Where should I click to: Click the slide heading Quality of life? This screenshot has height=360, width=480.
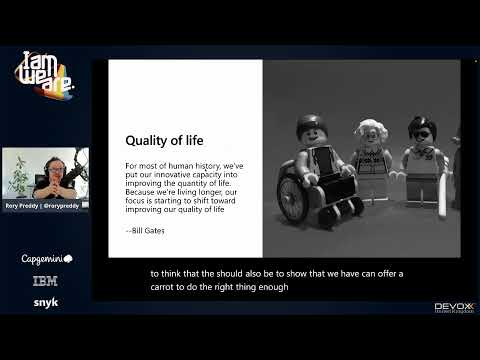(164, 141)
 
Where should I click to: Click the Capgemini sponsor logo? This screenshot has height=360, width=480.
(45, 258)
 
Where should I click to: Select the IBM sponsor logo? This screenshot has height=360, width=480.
(45, 281)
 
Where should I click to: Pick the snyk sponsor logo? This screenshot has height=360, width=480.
(45, 302)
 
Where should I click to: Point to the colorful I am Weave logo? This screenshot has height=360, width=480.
(45, 78)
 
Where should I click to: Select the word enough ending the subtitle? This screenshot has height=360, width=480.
(274, 287)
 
